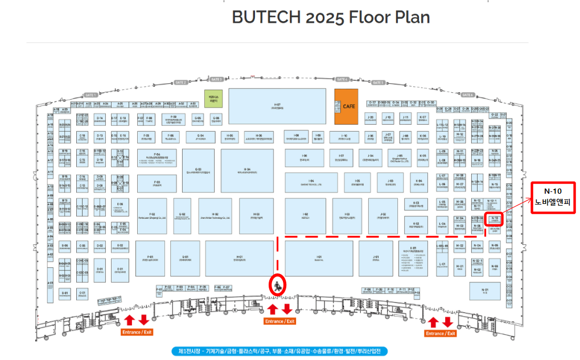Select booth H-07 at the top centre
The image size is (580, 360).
point(277,107)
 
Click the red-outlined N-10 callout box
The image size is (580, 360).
point(553,198)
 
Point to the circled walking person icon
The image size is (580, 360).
point(277,285)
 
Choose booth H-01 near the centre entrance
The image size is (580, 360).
point(239,259)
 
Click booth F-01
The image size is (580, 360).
point(151,259)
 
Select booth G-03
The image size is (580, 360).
point(198,170)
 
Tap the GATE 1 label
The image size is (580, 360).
point(91,95)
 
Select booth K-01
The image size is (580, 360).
point(413,259)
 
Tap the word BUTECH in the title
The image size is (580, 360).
point(266,17)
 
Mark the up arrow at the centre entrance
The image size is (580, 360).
point(272,309)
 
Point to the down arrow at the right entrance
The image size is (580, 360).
point(448,322)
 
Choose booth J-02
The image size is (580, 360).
point(382,216)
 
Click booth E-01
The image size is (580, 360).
point(120,269)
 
